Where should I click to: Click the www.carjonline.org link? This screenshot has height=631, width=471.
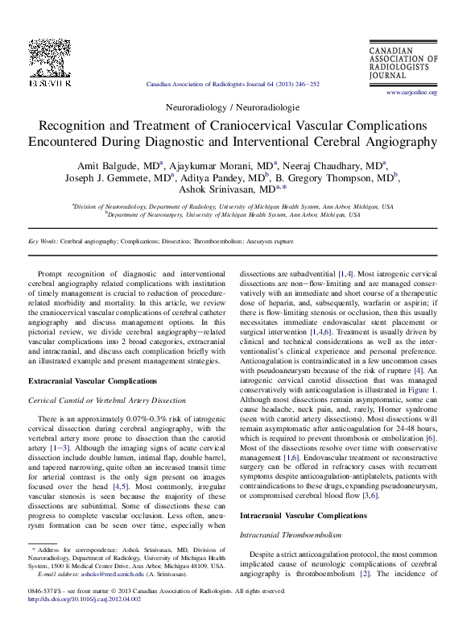(x=411, y=93)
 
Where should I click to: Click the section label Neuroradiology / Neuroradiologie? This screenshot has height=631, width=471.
(x=232, y=106)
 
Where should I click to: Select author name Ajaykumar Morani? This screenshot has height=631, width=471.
(x=226, y=164)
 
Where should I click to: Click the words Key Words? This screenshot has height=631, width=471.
(x=43, y=241)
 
